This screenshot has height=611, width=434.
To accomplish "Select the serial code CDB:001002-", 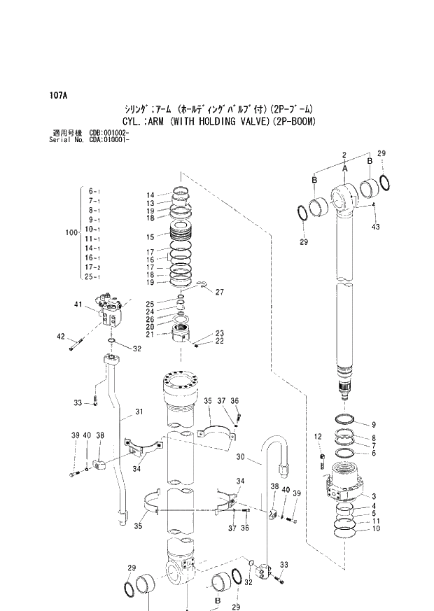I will tap(108, 132).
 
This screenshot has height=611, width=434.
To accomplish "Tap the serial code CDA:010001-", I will tap(108, 139).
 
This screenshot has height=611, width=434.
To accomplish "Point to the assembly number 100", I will tap(70, 233).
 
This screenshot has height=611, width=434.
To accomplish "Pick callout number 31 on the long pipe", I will tap(139, 412).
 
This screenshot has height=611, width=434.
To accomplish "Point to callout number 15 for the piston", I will tap(150, 237).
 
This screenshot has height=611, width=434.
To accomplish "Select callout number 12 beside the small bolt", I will tap(318, 437).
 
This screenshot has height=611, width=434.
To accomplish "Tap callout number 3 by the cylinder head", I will tap(374, 495).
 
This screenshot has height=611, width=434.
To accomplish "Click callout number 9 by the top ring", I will tap(374, 424).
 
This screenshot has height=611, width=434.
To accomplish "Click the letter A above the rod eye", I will tap(344, 169).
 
